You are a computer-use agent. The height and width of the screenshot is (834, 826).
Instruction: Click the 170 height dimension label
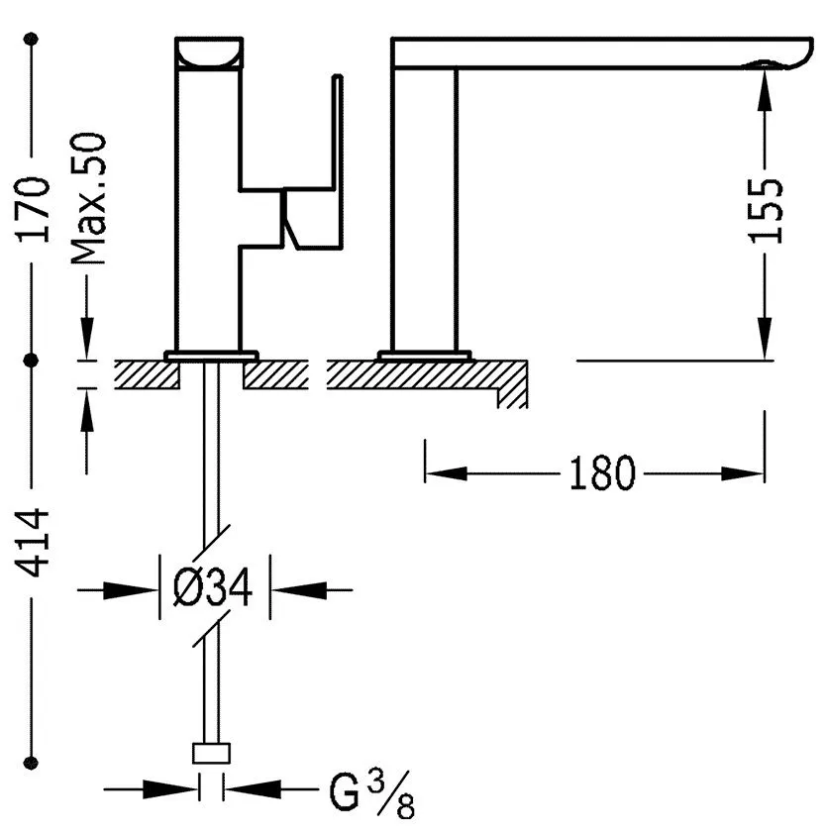(x=33, y=210)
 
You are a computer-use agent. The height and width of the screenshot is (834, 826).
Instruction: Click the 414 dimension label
(x=33, y=543)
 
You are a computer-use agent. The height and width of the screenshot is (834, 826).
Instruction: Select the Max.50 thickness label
(x=88, y=198)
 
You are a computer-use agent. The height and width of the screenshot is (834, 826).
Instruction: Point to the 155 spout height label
(x=766, y=211)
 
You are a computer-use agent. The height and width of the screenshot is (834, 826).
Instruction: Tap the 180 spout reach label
(x=602, y=472)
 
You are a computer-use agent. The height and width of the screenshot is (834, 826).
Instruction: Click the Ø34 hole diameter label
(x=213, y=587)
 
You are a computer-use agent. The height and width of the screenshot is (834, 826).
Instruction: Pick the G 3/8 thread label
(x=371, y=794)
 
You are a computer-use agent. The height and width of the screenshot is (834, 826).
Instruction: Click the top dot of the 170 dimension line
(x=32, y=39)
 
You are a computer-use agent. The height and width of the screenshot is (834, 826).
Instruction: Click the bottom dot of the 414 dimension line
(x=32, y=763)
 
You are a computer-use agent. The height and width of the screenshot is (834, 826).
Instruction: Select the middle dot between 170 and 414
(x=32, y=361)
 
